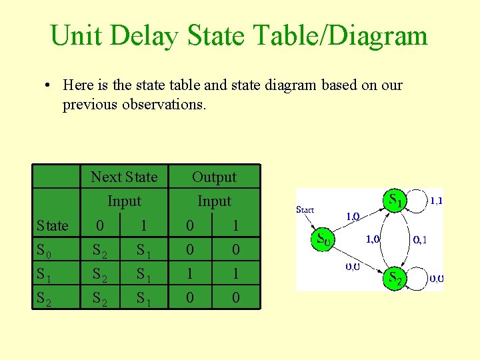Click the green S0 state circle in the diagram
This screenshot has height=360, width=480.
323,239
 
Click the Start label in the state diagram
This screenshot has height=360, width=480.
305,209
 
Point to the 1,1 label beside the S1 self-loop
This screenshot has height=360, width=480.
435,199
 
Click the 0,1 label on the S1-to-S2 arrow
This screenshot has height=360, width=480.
420,240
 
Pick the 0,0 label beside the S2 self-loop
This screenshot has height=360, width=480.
436,279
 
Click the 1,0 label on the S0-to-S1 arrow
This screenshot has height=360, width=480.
353,216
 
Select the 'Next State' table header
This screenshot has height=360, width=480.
124,177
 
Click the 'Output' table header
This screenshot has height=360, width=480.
214,177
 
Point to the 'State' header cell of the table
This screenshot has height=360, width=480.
53,226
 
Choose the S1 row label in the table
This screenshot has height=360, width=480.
45,274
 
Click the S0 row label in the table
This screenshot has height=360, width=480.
45,251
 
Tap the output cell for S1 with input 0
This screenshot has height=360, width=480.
190,274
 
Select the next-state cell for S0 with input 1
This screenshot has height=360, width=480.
144,251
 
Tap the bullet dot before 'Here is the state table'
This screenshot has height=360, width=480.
49,85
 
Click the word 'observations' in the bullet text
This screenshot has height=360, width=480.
163,105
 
